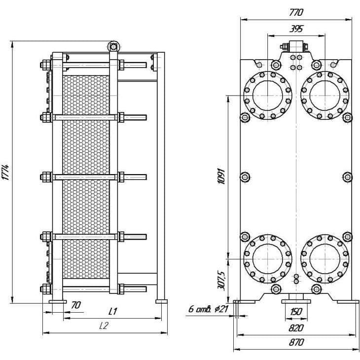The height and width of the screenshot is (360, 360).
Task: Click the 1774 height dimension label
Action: (6, 172)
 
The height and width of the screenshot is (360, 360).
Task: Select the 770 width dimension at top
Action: (296, 13)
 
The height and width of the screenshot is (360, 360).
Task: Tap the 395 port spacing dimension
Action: (296, 29)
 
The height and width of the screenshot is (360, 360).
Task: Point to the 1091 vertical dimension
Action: (221, 176)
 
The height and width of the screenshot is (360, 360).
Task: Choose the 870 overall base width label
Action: (296, 342)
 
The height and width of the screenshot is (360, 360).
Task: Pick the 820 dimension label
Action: (296, 328)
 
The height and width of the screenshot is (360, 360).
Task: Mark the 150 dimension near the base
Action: (296, 312)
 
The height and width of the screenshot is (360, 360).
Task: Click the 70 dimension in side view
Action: (76, 305)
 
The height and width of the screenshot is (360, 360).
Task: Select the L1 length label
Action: (112, 311)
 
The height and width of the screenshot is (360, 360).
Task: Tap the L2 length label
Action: (104, 325)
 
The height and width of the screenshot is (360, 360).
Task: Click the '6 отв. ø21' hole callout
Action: (208, 309)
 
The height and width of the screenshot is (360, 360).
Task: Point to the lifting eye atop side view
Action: (113, 47)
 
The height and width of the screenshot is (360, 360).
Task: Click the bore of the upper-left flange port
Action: (267, 95)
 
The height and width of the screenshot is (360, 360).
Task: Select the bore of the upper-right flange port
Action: (324, 95)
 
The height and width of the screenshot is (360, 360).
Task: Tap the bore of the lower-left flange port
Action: (267, 259)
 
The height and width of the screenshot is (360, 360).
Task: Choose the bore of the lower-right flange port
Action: (324, 259)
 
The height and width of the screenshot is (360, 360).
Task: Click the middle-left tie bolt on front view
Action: (245, 177)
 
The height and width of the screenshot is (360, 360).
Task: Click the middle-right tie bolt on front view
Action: (347, 177)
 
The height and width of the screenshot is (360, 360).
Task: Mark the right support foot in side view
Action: (161, 301)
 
